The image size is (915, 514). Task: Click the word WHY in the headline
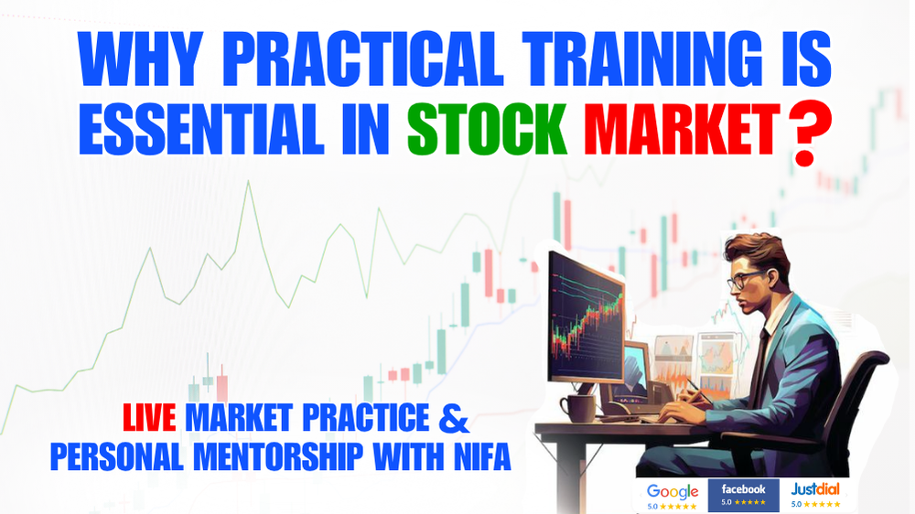140,59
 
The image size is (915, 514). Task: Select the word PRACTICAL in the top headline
362,59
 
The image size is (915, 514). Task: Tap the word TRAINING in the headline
642,59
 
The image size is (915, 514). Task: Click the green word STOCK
487,129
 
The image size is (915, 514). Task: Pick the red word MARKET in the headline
683,129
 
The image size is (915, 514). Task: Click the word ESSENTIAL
201,129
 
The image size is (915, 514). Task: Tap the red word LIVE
149,417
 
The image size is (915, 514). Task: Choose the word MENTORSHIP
278,456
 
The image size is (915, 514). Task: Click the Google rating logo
673,496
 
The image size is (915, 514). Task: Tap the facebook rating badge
743,496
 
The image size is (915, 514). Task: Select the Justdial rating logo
816,496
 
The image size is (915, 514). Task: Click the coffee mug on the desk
577,408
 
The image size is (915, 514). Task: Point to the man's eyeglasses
744,280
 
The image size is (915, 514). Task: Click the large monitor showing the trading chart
586,317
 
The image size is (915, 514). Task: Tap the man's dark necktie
760,362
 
